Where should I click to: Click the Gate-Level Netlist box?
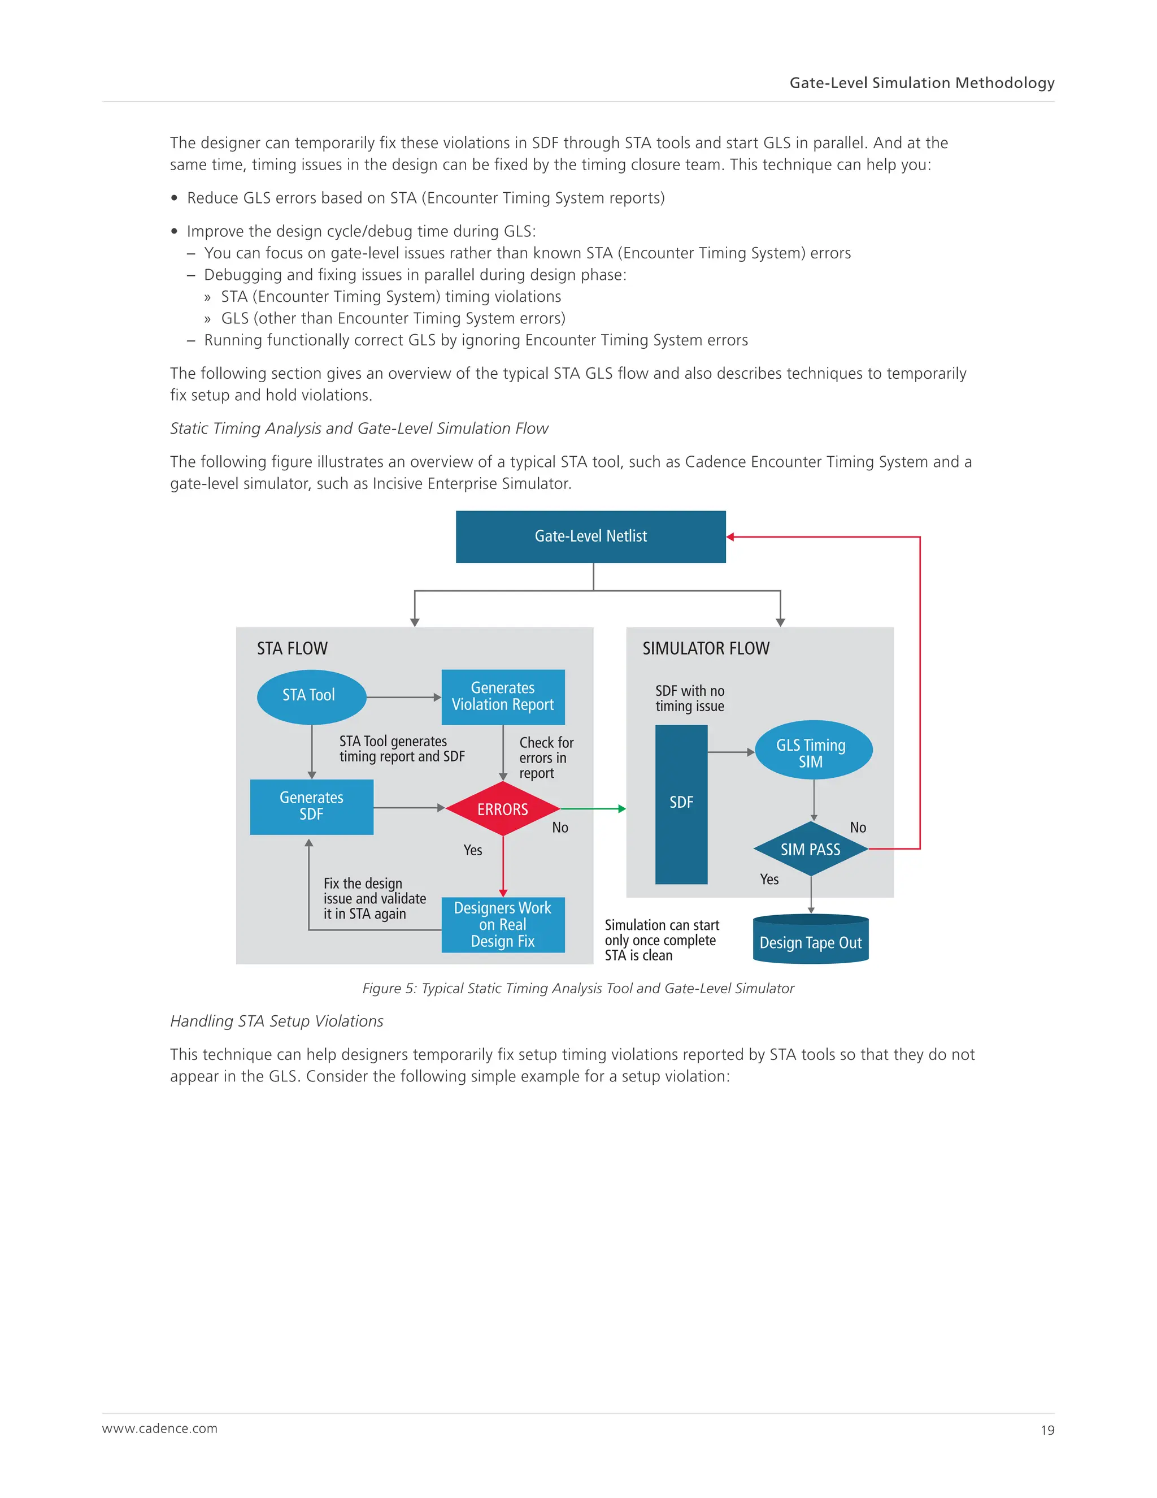pos(590,536)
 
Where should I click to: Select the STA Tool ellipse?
pos(311,696)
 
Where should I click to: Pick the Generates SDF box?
pos(311,807)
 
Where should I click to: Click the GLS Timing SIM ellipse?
pos(813,750)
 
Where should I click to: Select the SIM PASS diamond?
pos(810,849)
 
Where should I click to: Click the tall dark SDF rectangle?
pos(681,804)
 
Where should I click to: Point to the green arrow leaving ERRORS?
pos(593,809)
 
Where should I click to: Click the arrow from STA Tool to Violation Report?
pos(404,697)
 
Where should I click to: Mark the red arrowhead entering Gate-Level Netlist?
pos(730,537)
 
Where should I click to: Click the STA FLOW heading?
pos(292,648)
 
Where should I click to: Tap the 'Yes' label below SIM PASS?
pos(769,880)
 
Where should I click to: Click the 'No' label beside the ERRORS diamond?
pos(560,828)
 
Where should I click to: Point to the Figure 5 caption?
pos(578,988)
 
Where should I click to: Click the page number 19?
pos(1047,1430)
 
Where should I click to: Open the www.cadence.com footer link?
pos(160,1428)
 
